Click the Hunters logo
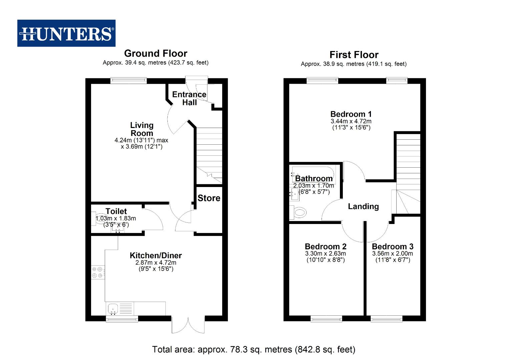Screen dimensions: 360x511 click(66, 33)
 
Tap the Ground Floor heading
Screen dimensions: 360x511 click(155, 53)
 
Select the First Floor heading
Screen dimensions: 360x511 click(354, 55)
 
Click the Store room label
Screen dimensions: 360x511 click(209, 198)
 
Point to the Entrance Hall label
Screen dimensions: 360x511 click(189, 98)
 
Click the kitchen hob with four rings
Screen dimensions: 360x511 click(97, 272)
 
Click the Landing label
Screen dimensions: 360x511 click(363, 206)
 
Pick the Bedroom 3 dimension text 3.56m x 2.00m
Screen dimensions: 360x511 click(393, 253)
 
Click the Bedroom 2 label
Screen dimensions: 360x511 click(326, 246)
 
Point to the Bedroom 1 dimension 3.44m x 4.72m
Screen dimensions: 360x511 click(351, 121)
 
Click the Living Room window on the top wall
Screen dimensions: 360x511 click(128, 80)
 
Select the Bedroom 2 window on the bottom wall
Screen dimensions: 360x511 click(326, 319)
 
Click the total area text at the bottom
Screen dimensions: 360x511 click(253, 349)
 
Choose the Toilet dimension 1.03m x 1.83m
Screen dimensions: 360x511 click(116, 218)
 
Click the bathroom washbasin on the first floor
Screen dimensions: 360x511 click(295, 194)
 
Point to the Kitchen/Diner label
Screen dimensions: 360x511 click(155, 255)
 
